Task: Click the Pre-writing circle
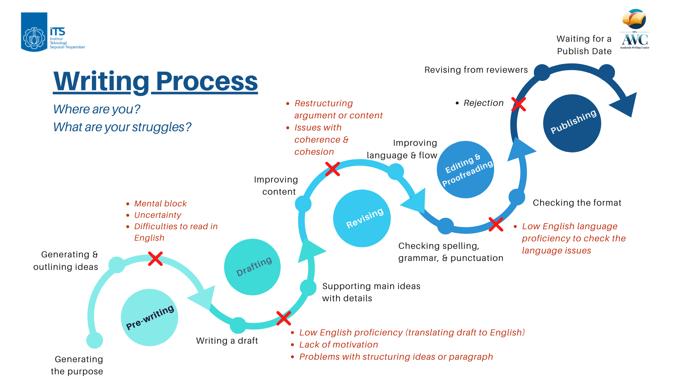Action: coord(149,317)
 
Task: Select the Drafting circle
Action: coord(252,267)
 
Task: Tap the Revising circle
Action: coord(362,218)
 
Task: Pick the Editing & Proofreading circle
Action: coord(465,169)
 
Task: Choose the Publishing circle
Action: coord(572,123)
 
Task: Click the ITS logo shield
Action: coord(34,32)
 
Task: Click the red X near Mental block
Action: coord(155,259)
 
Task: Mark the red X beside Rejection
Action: coord(519,104)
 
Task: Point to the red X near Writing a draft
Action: coord(284,318)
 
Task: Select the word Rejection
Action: coord(483,103)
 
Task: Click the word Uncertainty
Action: coord(157,215)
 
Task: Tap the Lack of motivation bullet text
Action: coord(338,345)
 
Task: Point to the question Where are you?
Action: coord(97,109)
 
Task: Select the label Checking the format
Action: coord(577,203)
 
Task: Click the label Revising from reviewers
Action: coord(476,70)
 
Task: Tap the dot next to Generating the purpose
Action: coord(95,340)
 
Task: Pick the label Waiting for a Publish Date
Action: coord(584,45)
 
